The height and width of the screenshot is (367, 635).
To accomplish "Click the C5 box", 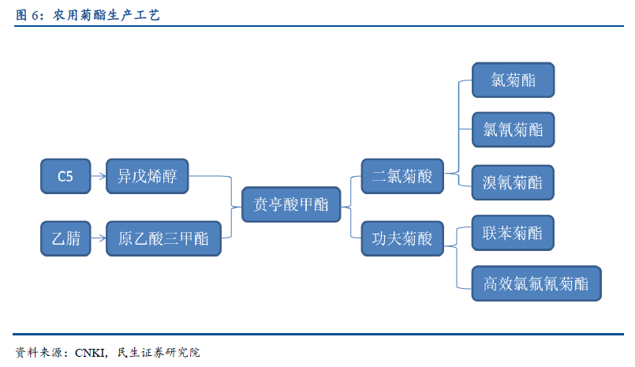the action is point(65,176).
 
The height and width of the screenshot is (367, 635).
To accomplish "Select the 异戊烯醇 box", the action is point(147,176).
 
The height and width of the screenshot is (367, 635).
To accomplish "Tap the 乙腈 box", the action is point(65,238).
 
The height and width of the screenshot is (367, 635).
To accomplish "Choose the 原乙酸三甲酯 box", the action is point(163,238).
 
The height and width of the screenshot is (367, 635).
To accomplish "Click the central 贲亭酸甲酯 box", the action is point(291,204).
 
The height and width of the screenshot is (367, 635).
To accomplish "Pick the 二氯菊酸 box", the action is point(402,176).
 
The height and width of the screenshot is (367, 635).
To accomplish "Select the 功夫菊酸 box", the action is point(402,238).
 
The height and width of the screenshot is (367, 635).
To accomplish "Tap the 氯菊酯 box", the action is point(513,80).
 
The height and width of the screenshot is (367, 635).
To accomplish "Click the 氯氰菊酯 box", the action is point(513,129).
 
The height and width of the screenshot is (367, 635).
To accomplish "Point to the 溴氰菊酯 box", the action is point(513,182).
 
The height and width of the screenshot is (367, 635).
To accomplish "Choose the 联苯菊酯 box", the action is point(513,233).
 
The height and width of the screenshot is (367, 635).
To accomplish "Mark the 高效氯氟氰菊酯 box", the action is point(536,283).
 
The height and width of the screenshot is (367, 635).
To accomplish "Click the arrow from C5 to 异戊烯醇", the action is point(99,176).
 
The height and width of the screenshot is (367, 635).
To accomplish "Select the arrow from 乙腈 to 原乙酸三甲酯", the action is point(99,238).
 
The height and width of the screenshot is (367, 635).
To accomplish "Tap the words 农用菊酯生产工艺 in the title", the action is point(106,16).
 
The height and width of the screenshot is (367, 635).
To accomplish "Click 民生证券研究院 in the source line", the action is point(159,353).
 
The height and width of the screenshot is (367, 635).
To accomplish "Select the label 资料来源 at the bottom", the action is point(39,353).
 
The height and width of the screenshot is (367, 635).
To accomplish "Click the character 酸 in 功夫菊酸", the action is point(425,238).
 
